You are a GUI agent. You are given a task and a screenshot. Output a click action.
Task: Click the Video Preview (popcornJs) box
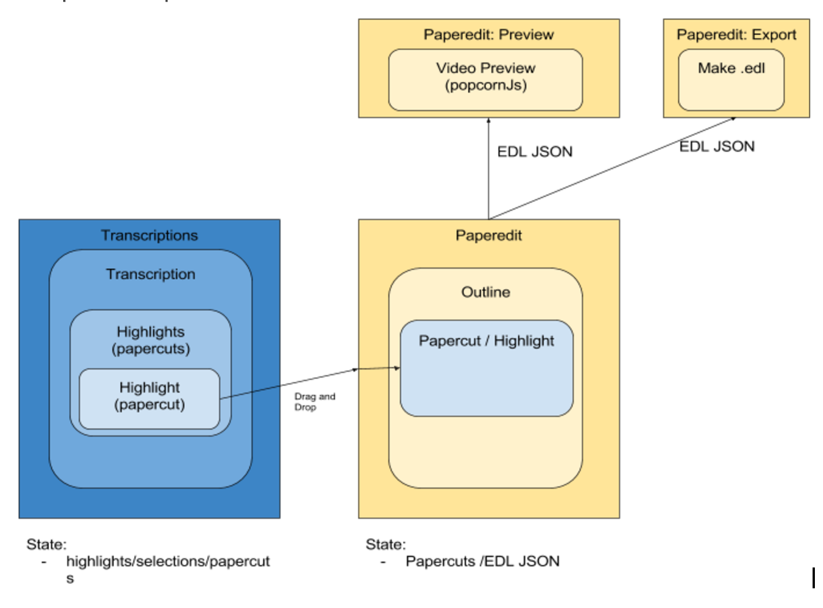pos(485,79)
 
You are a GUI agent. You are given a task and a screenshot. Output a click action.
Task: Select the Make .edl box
pos(731,79)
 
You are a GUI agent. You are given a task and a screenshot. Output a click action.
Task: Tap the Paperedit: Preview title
pos(489,35)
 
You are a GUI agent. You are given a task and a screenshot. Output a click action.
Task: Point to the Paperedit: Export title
pos(736,35)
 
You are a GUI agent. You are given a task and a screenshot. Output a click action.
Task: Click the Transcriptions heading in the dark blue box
pos(150,235)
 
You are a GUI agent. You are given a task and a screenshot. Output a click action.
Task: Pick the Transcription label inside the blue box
pos(151,274)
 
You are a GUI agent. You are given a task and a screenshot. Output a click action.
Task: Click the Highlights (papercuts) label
pos(151,340)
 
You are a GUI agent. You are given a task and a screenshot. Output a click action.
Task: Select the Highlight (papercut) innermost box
pos(150,398)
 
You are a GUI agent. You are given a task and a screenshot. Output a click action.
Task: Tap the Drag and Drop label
pos(314,402)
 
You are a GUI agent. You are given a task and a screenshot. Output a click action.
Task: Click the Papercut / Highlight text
pos(486,340)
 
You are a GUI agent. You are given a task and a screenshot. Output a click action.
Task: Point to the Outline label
pos(486,292)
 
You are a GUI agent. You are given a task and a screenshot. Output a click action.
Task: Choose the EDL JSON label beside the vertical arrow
pos(534,152)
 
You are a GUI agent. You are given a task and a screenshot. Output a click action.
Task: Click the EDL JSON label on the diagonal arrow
pos(717,146)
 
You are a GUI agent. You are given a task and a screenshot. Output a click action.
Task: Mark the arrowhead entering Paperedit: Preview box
pos(489,120)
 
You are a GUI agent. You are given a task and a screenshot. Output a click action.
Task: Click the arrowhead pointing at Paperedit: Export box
pos(733,119)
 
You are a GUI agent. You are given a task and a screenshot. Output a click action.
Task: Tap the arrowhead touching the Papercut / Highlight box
pos(397,368)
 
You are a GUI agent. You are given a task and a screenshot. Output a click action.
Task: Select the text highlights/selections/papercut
pos(167,561)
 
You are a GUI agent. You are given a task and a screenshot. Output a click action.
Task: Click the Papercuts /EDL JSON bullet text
pos(482,561)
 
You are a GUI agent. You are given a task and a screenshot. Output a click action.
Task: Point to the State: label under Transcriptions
pos(46,544)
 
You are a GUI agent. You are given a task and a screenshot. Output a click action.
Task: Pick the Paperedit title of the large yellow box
pos(489,235)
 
